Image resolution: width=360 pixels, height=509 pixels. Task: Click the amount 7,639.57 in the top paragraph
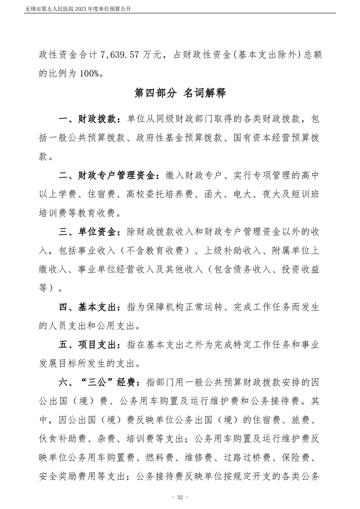click(x=128, y=55)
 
